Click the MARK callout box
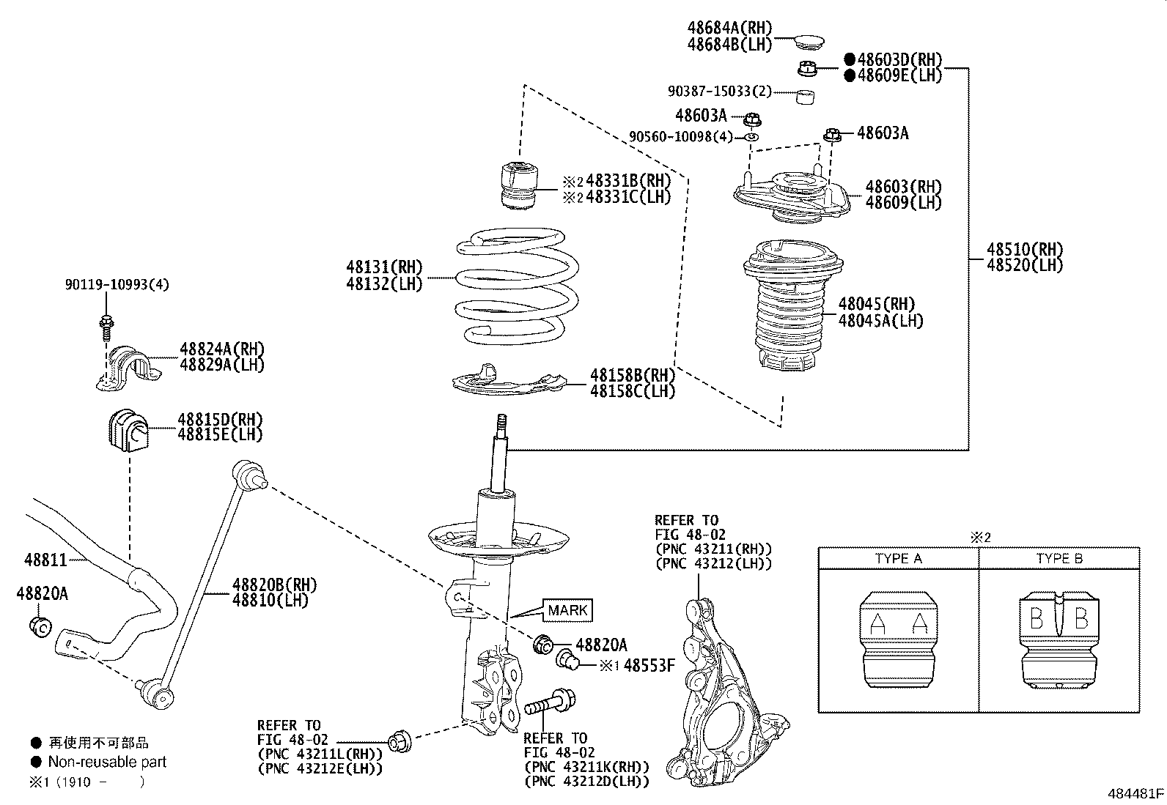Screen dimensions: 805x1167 (x=567, y=610)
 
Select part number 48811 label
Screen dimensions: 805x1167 (x=45, y=560)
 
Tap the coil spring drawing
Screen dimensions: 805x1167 (x=517, y=288)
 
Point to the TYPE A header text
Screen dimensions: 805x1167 (x=898, y=558)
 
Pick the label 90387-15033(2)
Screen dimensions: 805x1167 (x=720, y=92)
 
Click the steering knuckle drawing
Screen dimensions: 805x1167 (x=722, y=696)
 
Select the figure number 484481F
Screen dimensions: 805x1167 (x=1135, y=793)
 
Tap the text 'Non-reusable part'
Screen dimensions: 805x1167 (x=107, y=762)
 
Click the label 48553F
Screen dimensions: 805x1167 (x=649, y=666)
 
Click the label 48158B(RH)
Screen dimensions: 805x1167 (x=632, y=375)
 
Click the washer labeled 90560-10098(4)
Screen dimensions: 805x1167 (x=751, y=137)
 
